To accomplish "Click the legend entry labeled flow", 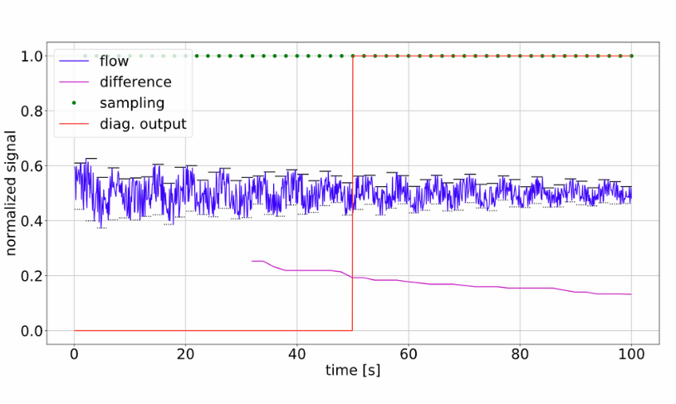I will [x=113, y=62].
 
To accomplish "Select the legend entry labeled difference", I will [x=135, y=82].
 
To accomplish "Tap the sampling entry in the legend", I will [x=131, y=103].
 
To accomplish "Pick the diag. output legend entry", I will [x=142, y=125].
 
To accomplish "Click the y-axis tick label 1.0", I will [x=32, y=57].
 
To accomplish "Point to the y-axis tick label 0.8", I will [x=32, y=111].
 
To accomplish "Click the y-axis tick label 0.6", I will [x=32, y=166].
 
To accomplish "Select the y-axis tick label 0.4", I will [x=32, y=221].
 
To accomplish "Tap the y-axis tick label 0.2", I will [x=32, y=276].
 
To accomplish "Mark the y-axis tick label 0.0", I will [x=32, y=331].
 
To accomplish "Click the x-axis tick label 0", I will [x=74, y=352].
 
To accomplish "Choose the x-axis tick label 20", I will [x=185, y=352].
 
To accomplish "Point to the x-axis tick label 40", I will [x=296, y=352].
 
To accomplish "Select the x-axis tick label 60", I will [x=409, y=352].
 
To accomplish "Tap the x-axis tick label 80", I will [x=520, y=352].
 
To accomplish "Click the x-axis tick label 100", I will [x=631, y=352].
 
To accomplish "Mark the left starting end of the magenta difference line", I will [x=252, y=261].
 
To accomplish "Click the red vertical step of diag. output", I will [x=353, y=191].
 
